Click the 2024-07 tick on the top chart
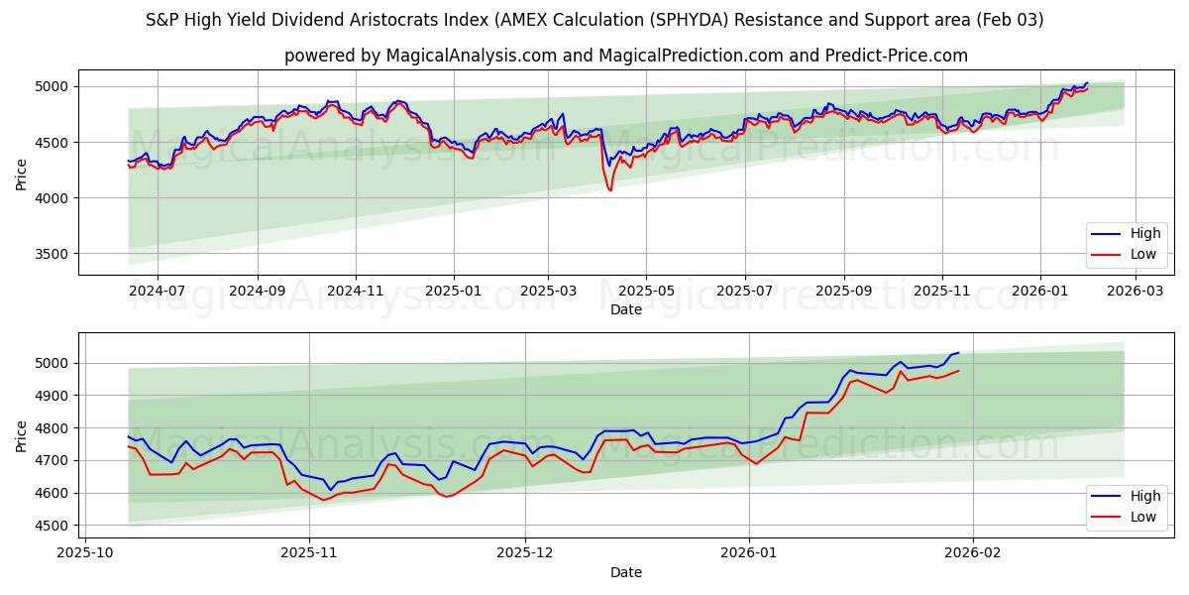click(158, 292)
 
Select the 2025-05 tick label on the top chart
click(646, 292)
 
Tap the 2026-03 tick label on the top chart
click(1135, 292)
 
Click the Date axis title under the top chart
click(625, 309)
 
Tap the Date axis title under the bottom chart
click(625, 572)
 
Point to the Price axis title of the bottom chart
click(22, 435)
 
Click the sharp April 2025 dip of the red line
click(609, 189)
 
